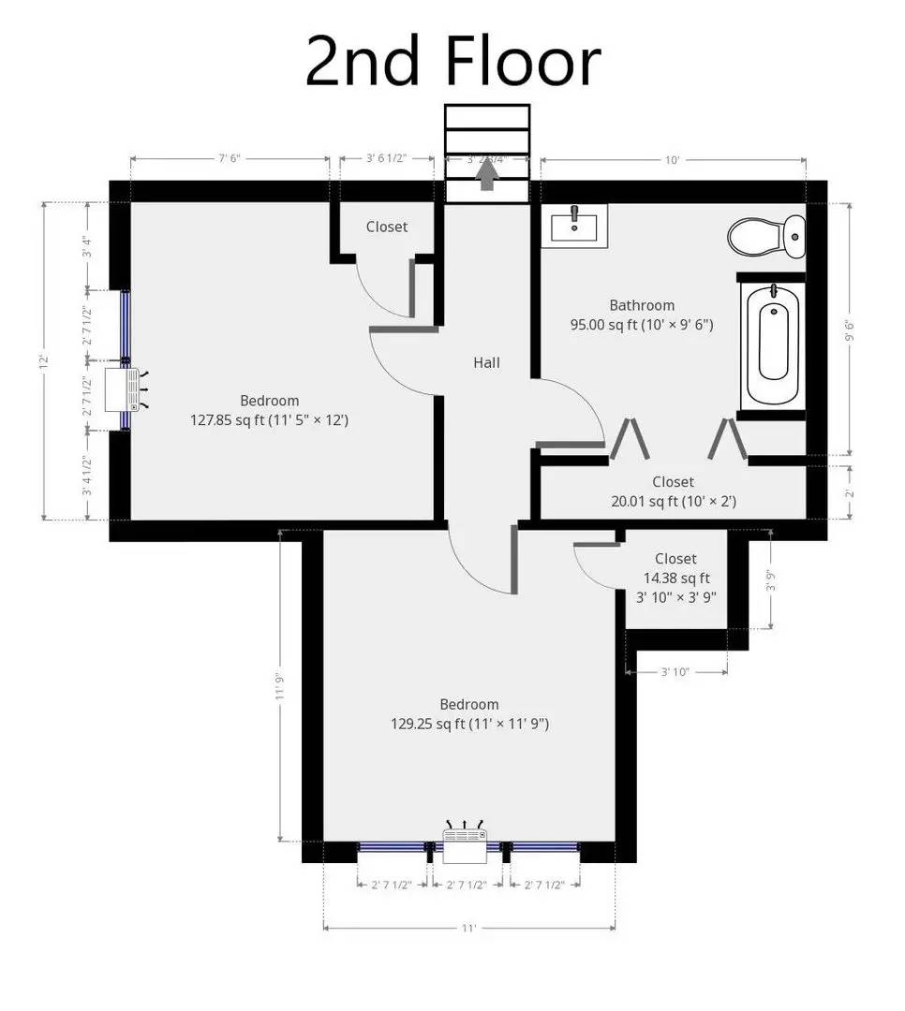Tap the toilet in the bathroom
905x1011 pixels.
pos(765,236)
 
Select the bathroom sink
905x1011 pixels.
pos(574,226)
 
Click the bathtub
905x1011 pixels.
pos(773,343)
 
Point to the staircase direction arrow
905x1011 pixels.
pos(487,176)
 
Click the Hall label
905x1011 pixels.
pos(486,362)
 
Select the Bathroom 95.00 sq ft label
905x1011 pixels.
pos(642,315)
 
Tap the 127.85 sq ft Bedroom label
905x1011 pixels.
pos(269,411)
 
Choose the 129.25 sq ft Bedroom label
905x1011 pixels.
pos(469,713)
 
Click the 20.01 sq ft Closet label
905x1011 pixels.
pos(673,491)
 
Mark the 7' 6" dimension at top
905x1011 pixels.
pos(230,158)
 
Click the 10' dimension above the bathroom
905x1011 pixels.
pos(672,160)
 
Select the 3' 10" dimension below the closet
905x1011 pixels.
pos(676,671)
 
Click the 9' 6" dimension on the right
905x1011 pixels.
pos(850,330)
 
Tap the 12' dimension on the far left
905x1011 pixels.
pos(44,359)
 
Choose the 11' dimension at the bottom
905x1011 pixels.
pos(468,928)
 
